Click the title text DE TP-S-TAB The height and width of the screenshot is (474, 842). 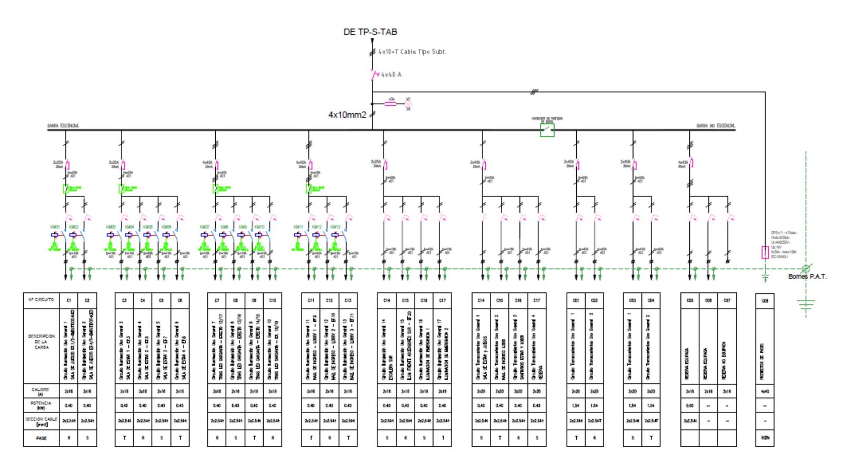[370, 32]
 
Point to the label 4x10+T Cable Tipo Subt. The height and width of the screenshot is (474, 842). [412, 52]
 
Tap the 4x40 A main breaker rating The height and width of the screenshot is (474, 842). [391, 75]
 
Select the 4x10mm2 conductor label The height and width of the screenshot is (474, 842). [347, 115]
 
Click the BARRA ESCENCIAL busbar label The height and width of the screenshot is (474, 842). [63, 125]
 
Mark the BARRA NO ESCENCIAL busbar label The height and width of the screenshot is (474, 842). [716, 126]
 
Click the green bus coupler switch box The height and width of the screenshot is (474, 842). [547, 130]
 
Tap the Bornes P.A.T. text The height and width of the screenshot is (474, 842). [807, 276]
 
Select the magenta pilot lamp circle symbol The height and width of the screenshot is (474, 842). [408, 104]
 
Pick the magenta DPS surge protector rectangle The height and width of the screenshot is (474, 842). [765, 252]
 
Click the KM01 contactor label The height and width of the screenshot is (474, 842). [55, 227]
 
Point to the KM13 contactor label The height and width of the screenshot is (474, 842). [335, 227]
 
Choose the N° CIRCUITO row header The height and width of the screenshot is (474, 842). [42, 300]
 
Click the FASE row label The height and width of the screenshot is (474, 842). [42, 438]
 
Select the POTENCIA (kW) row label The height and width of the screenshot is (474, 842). [41, 405]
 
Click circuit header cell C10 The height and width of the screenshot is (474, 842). [273, 300]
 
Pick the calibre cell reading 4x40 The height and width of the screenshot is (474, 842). [765, 391]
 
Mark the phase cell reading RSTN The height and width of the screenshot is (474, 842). [765, 438]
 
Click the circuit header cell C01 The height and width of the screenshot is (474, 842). [576, 300]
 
